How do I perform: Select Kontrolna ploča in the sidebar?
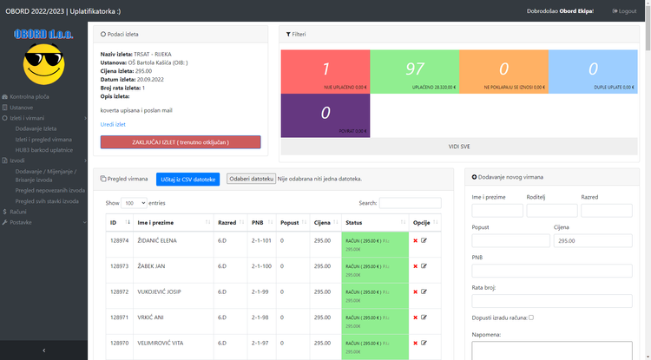pos(30,96)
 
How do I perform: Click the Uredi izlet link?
pos(113,124)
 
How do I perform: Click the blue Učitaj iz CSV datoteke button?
pos(188,179)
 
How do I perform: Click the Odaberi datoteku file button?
pos(251,179)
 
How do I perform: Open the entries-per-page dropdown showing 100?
pos(134,203)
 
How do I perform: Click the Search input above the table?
pos(410,203)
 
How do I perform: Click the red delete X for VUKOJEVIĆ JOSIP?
pos(415,291)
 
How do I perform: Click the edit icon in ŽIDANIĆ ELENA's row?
pos(424,240)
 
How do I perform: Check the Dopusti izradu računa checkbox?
pos(531,317)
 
